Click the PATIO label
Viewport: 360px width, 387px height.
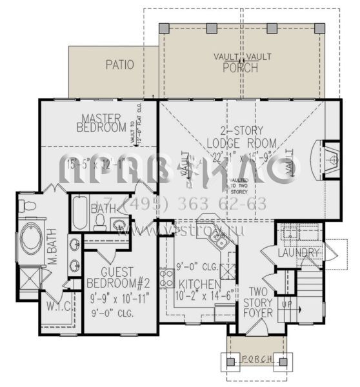point(120,64)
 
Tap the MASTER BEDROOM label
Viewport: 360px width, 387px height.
point(104,123)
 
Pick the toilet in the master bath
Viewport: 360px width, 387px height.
point(25,206)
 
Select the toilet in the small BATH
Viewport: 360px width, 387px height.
point(100,223)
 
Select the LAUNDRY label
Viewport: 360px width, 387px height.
point(299,253)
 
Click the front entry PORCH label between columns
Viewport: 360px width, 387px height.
point(255,359)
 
